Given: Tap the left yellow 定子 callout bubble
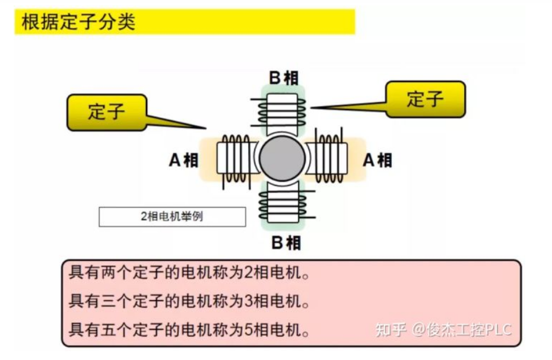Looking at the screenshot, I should pos(107,112).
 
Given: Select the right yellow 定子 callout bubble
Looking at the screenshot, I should pos(426,99).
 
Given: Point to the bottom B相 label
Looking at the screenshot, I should pos(285,243).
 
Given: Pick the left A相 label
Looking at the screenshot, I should pos(183,160).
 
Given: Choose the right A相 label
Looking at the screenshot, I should pos(377,160).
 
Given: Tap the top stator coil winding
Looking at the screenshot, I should pos(283,110).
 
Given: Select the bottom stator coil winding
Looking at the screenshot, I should pos(283,205).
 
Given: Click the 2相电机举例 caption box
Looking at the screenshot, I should pos(172,216).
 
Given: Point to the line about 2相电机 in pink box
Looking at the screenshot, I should pos(190,274).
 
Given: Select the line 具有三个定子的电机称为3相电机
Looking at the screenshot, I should pos(190,301).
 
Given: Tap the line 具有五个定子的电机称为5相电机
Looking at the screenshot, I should pos(190,329).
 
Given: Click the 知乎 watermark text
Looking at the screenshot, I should pos(391,330).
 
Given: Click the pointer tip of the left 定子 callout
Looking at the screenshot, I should pos(205,128).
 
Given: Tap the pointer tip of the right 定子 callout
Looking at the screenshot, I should pos(312,108).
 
